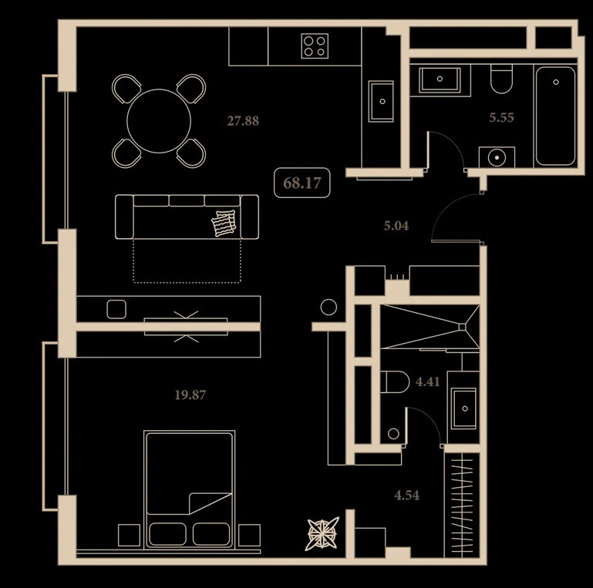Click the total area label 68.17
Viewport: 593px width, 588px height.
click(x=302, y=183)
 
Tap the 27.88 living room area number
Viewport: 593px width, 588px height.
click(x=243, y=121)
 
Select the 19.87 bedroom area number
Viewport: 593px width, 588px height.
click(x=190, y=395)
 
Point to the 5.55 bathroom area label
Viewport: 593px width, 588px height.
click(x=501, y=118)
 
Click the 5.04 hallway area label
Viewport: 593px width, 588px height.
click(x=396, y=226)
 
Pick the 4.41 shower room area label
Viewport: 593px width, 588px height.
click(x=427, y=381)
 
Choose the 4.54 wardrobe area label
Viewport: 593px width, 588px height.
click(x=406, y=495)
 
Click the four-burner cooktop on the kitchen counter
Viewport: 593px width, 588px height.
click(x=315, y=46)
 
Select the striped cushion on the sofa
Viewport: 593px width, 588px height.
click(x=224, y=223)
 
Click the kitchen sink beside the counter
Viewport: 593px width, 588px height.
click(x=381, y=101)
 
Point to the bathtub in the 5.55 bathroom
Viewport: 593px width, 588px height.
click(x=555, y=116)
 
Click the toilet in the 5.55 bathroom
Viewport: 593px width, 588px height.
click(x=501, y=79)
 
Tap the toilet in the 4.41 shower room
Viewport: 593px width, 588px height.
click(x=395, y=382)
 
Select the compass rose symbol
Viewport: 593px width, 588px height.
click(x=322, y=534)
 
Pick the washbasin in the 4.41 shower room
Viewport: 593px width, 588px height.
click(x=463, y=408)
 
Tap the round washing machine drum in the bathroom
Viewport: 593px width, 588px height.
click(x=497, y=157)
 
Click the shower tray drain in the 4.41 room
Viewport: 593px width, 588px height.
click(x=462, y=327)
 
